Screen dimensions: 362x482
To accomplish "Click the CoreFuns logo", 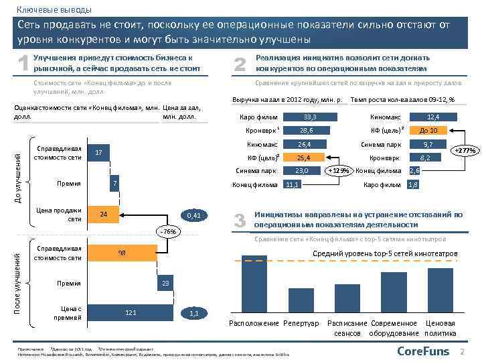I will click(x=423, y=351).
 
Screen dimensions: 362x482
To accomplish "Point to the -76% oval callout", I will click(x=169, y=231).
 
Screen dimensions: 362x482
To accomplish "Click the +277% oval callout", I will click(x=465, y=151).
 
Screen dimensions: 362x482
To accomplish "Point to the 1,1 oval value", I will click(x=194, y=312).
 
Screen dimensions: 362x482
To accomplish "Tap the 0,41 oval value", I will click(x=193, y=215).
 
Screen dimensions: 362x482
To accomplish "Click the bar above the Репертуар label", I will click(x=301, y=298).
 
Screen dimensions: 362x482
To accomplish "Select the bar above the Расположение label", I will click(x=254, y=286).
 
